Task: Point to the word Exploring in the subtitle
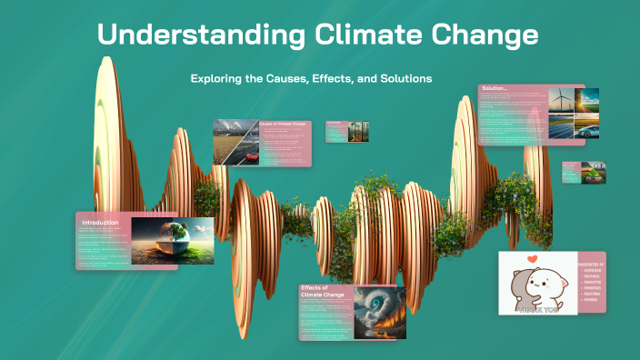[x=218, y=78]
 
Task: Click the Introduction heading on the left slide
[x=101, y=223]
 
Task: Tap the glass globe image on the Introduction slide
[x=172, y=241]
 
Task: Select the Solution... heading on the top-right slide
[x=499, y=88]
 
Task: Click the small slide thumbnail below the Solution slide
[x=571, y=172]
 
